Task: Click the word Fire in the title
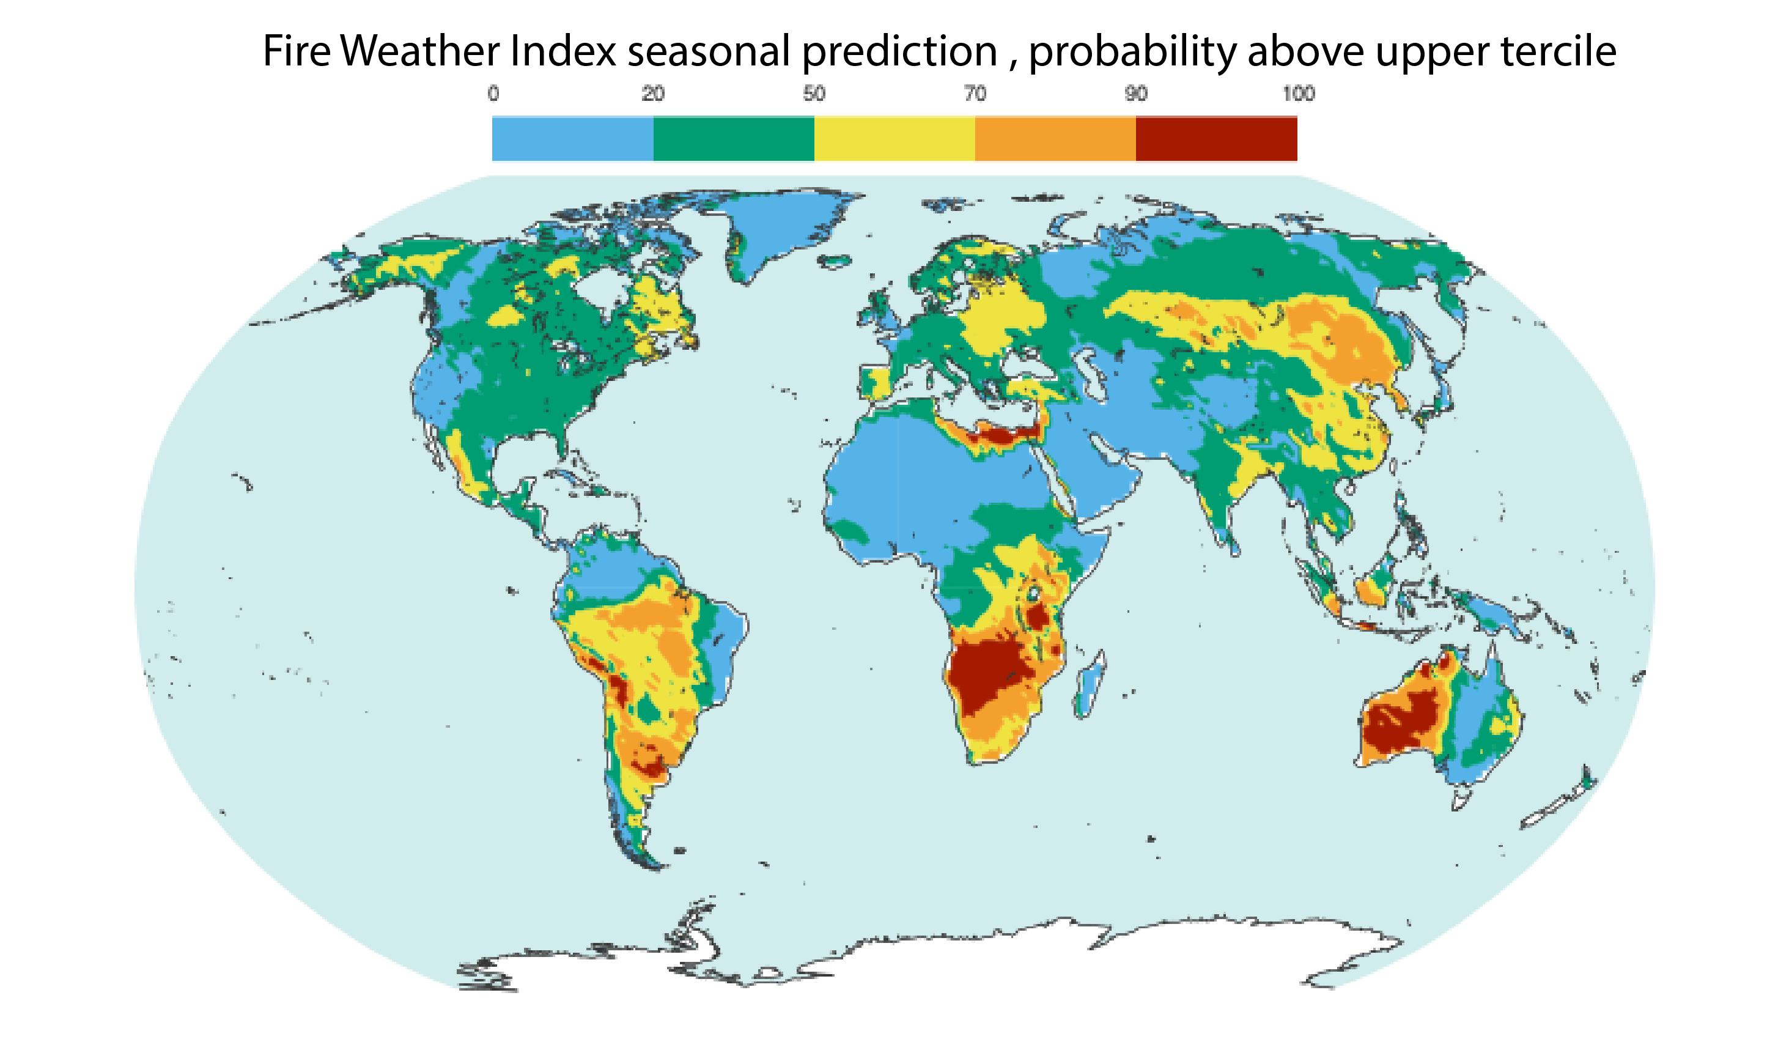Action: coord(296,51)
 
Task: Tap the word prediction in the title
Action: coord(900,51)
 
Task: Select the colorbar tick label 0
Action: coord(493,94)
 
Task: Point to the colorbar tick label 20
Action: coord(652,94)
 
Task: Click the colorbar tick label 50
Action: coord(814,94)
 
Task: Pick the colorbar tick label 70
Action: coord(975,94)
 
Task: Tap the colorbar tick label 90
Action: coord(1135,94)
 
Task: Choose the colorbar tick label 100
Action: coord(1299,94)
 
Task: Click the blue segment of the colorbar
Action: coord(572,138)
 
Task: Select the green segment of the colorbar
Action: coord(733,138)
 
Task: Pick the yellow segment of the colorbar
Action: coord(894,138)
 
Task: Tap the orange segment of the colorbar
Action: coord(1055,138)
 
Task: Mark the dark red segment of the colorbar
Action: coord(1216,138)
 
